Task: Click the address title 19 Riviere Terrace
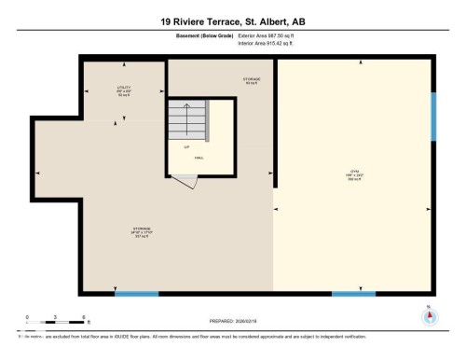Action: point(232,19)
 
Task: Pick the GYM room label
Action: point(354,174)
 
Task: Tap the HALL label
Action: point(199,159)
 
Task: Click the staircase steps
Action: point(186,119)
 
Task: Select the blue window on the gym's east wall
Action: point(433,116)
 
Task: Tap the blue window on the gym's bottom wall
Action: point(353,294)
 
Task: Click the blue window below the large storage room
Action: point(136,294)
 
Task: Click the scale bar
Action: point(55,324)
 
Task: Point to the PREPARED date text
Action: point(233,317)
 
